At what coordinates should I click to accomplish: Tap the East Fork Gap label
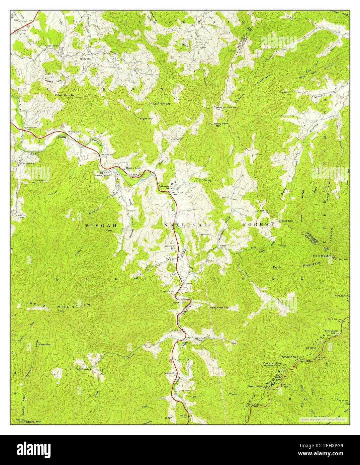click(162, 104)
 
